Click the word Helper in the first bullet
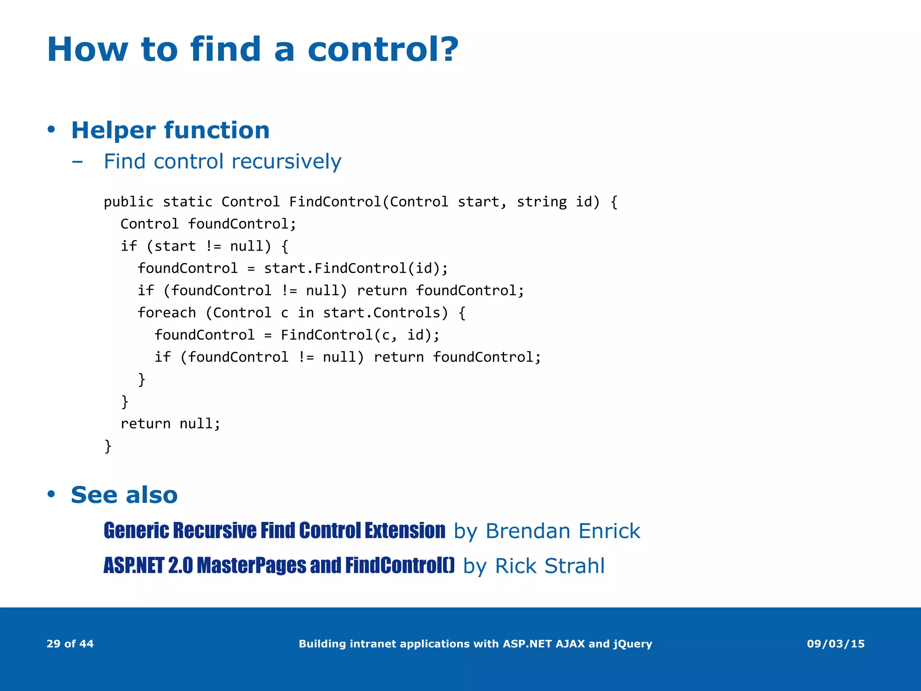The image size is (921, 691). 114,130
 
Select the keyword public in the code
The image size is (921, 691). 129,202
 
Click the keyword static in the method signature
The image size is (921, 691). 188,202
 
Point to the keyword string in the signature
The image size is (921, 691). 541,202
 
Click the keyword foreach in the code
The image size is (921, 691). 167,313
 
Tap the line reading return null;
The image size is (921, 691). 170,424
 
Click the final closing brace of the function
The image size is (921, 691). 108,446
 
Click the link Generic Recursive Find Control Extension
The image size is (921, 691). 274,531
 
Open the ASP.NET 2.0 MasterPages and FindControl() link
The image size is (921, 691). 279,566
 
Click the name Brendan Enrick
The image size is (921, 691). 563,531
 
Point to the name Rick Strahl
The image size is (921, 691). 550,566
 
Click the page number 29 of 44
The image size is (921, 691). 70,644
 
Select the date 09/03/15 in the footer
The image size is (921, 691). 836,644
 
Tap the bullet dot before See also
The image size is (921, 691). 51,494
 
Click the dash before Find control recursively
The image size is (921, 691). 77,162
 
